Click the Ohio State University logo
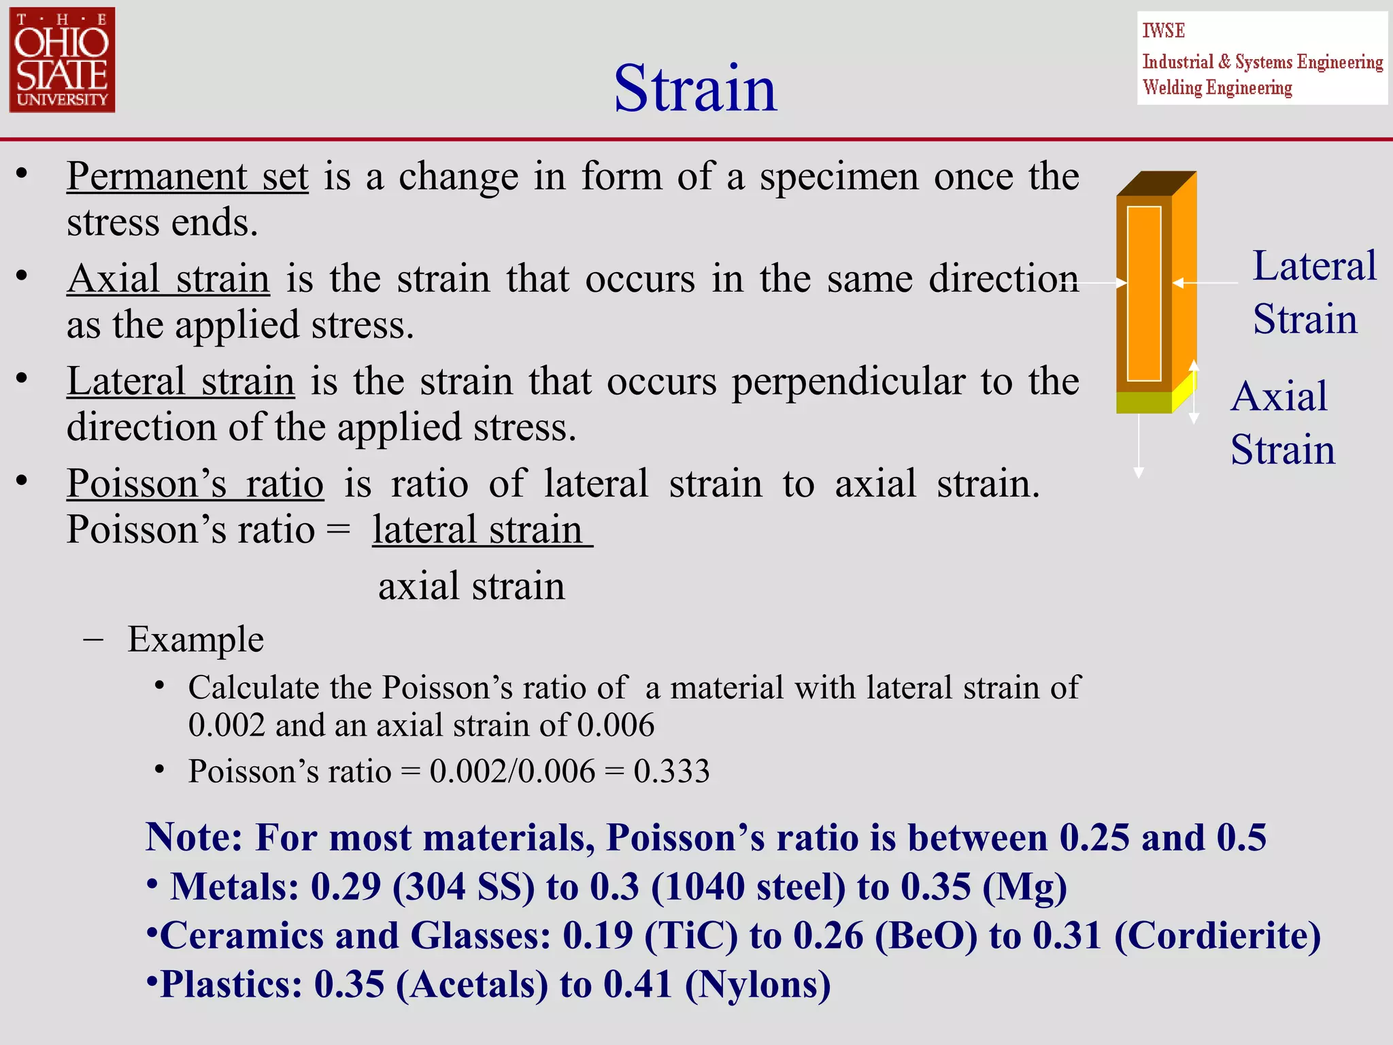(x=62, y=60)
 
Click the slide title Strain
(x=695, y=88)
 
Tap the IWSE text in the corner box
(x=1163, y=31)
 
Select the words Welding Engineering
(x=1217, y=88)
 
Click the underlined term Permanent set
(x=188, y=177)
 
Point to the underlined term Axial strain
(x=169, y=279)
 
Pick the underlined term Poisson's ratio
(x=195, y=484)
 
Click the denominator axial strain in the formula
(x=471, y=586)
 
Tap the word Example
(x=196, y=640)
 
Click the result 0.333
(x=671, y=772)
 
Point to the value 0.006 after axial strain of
(x=616, y=725)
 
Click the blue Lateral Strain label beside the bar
(x=1313, y=293)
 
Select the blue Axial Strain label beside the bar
(x=1281, y=423)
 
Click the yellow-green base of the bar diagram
(x=1144, y=403)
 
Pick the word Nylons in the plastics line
(x=758, y=984)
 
